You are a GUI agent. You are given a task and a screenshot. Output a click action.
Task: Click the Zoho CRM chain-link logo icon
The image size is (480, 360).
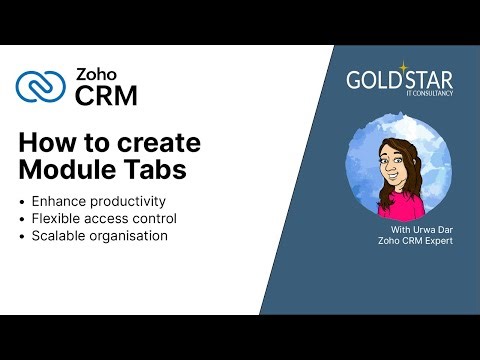[40, 86]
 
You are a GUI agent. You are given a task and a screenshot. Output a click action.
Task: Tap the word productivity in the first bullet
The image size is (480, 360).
[129, 201]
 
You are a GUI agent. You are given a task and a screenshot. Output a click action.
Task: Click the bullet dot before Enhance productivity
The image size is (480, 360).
[23, 202]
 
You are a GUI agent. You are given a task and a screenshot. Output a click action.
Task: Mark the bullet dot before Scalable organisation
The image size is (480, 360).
[23, 237]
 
